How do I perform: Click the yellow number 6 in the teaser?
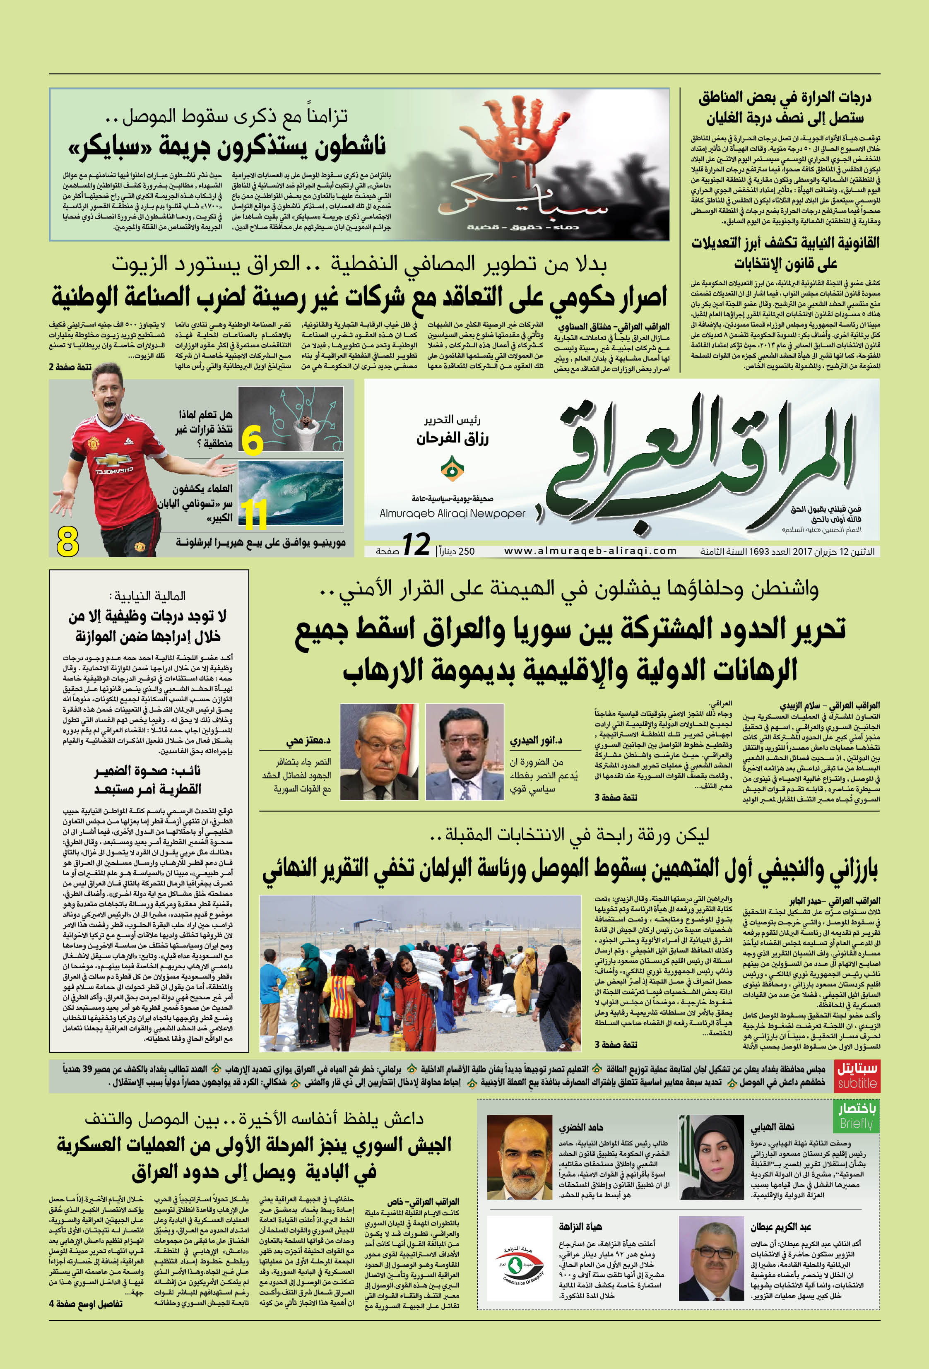tap(252, 440)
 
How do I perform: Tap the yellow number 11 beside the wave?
tap(255, 514)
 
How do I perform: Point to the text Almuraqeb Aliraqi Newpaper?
tap(452, 513)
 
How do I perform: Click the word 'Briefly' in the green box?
tap(856, 1124)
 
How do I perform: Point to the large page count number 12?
tap(416, 544)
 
